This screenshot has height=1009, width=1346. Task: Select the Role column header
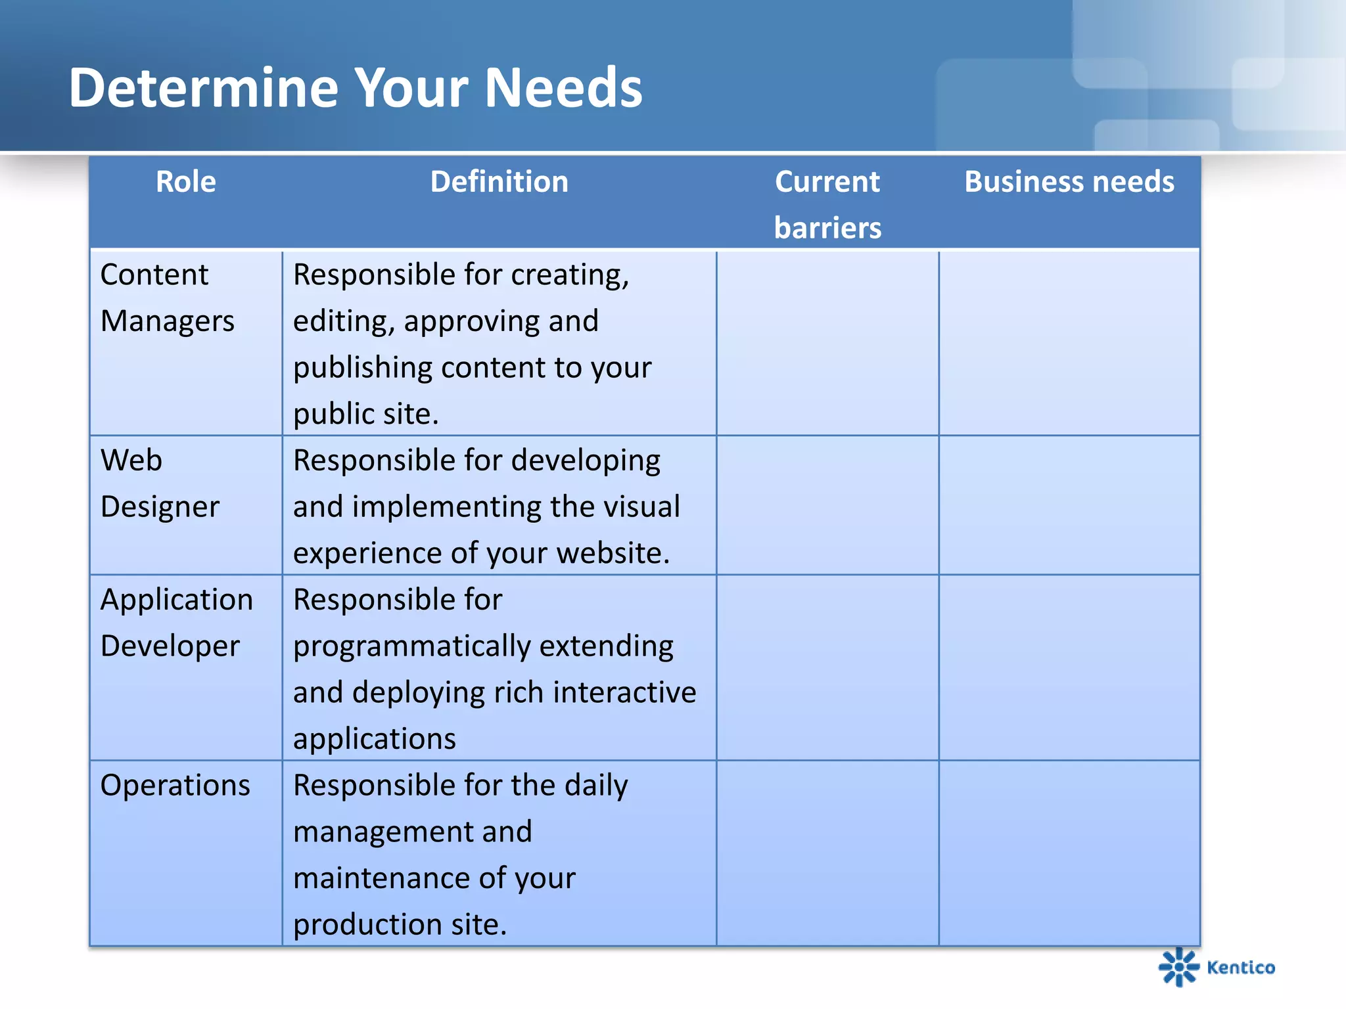pos(186,182)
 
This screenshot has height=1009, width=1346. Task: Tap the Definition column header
pos(499,182)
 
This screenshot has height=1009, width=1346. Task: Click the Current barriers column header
pos(827,204)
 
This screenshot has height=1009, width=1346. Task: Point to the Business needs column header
pos(1069,182)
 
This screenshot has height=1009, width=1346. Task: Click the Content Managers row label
pos(167,298)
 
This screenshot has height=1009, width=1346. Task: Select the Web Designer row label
pos(160,483)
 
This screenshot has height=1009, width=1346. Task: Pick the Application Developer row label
pos(176,623)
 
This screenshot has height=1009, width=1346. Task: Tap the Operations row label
pos(175,786)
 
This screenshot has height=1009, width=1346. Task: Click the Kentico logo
pos(1216,967)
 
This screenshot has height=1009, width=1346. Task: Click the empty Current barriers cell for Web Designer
pos(827,505)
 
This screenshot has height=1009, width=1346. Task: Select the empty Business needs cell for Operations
pos(1069,853)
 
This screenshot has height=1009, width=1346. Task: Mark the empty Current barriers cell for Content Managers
pos(827,342)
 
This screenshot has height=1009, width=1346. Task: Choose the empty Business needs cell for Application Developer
pos(1069,667)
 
